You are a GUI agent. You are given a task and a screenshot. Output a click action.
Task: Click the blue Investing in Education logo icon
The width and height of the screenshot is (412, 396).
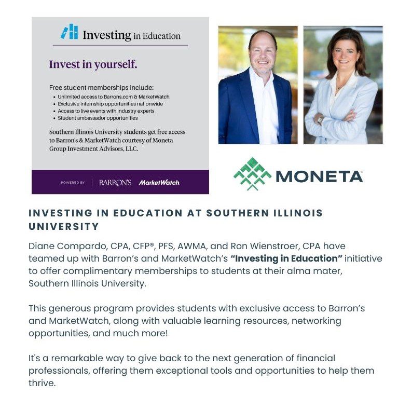click(69, 32)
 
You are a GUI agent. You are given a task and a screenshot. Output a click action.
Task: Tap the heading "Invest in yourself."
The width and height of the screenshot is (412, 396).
click(93, 65)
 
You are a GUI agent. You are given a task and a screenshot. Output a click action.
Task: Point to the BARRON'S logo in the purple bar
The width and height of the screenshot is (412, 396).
click(115, 183)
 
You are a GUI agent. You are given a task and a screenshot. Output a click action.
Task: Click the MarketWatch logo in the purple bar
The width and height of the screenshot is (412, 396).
click(159, 183)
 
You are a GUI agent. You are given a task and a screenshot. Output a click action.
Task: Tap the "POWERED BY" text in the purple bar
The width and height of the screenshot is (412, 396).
click(73, 183)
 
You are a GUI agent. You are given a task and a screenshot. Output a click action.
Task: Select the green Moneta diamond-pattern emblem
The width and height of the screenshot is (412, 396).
click(252, 174)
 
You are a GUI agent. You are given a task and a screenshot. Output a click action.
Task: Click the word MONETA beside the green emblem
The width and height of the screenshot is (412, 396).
click(320, 176)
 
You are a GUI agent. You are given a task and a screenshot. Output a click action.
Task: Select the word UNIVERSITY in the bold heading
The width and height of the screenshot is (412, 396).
click(64, 227)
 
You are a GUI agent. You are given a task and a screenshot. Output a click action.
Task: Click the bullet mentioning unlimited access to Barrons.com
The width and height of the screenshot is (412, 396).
click(114, 97)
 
